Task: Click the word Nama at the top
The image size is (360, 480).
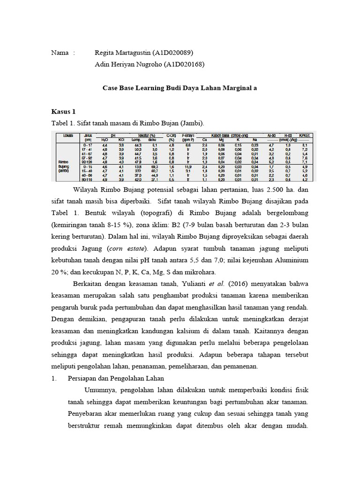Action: [x=60, y=52]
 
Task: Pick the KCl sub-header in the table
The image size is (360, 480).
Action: [x=121, y=139]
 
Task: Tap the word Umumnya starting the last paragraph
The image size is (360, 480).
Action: [x=100, y=390]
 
